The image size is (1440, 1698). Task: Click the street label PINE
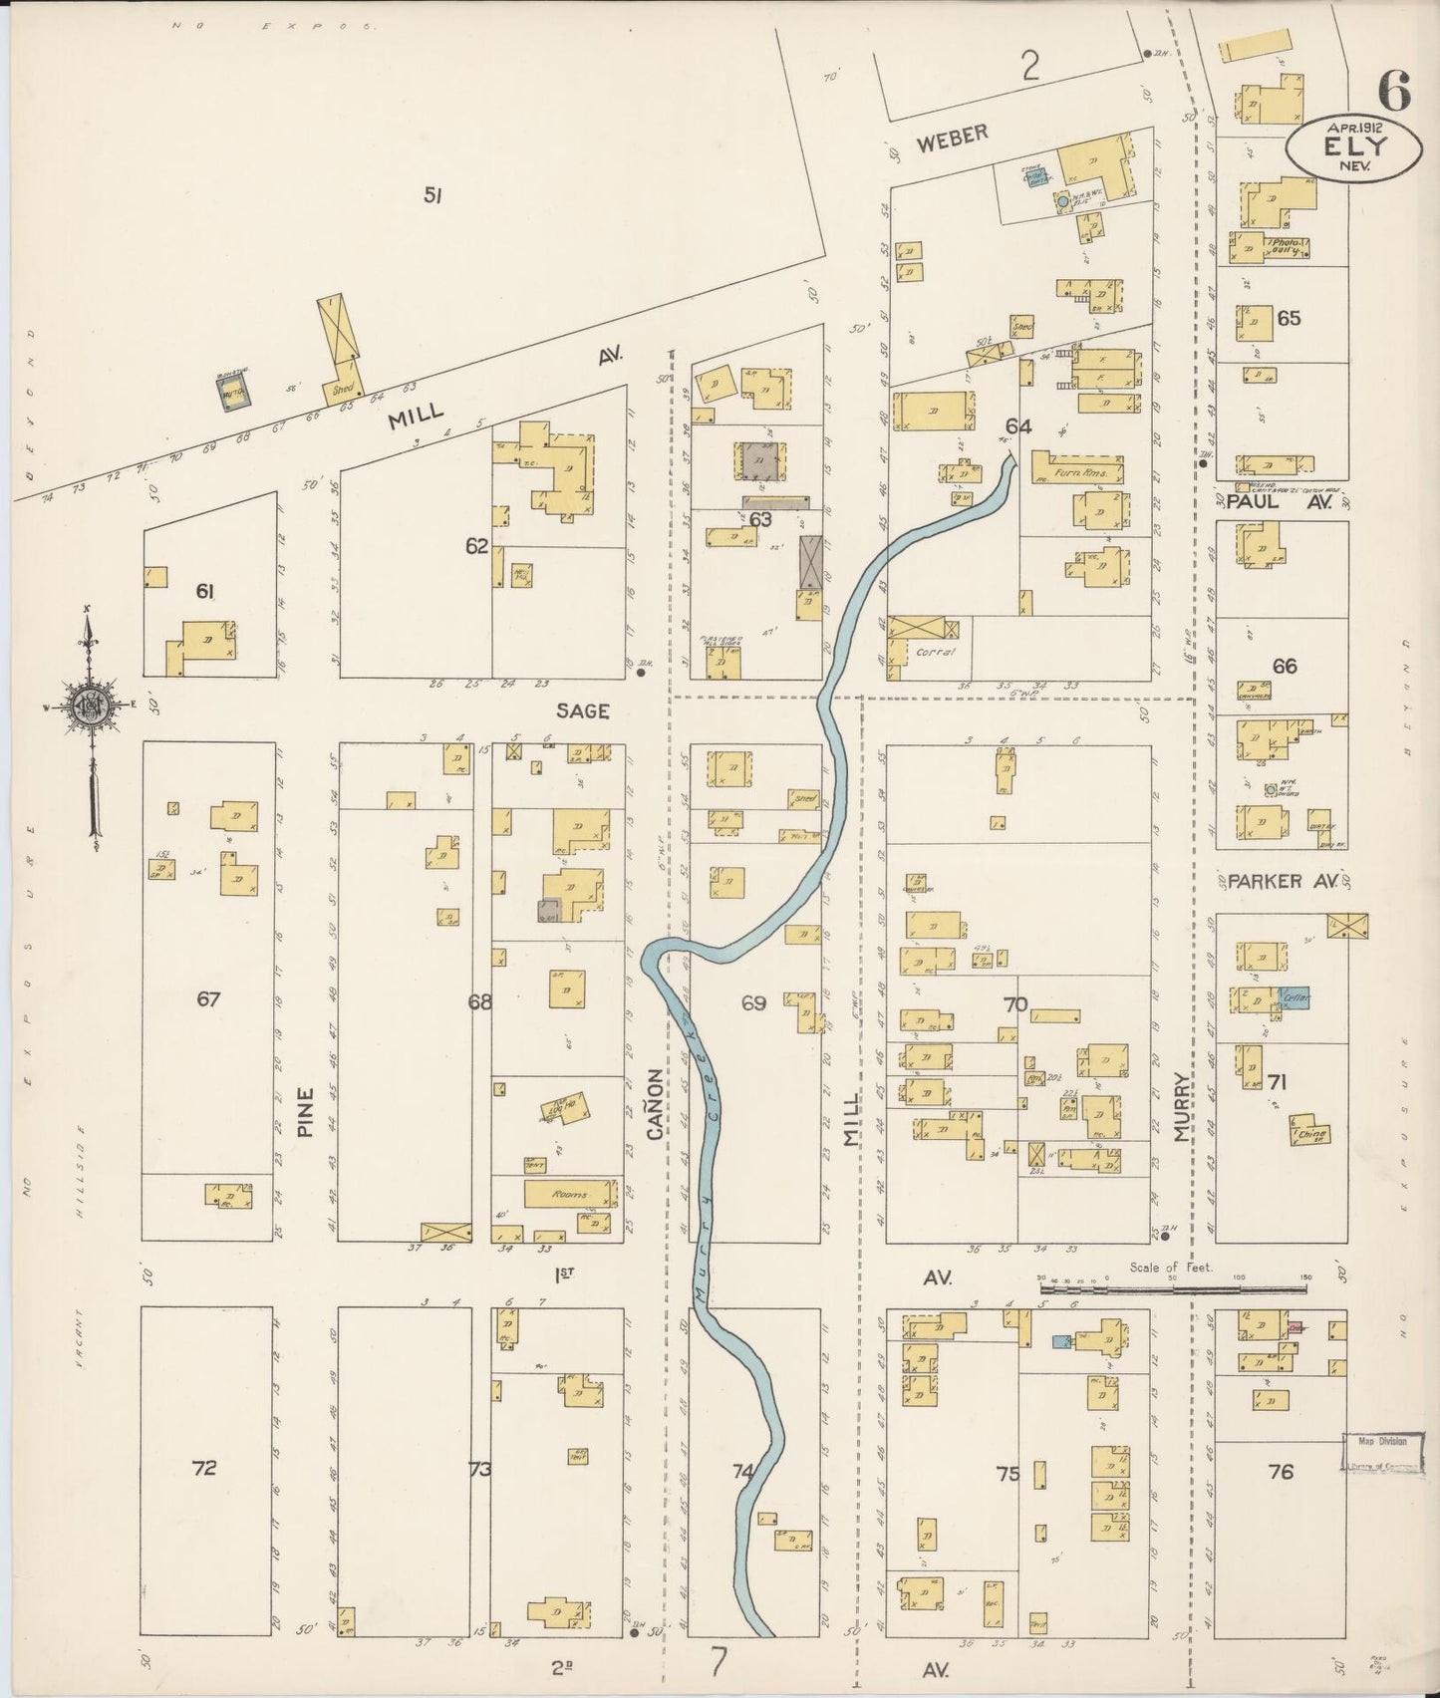click(x=305, y=1111)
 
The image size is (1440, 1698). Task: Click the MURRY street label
click(x=1183, y=1106)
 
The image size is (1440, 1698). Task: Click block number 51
click(x=431, y=196)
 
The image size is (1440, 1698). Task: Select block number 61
click(x=205, y=592)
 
